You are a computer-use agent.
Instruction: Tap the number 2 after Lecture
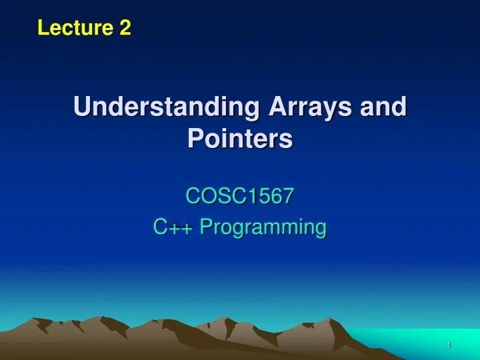[125, 27]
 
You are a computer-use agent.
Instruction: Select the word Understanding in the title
[167, 107]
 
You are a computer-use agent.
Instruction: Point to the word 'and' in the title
[386, 107]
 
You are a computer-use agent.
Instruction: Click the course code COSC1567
[240, 196]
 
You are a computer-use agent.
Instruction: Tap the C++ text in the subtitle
[174, 227]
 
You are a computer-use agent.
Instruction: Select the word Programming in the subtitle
[263, 228]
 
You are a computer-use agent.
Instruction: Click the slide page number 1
[449, 345]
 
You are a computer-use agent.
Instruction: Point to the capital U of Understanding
[82, 107]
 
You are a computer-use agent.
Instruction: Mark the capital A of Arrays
[275, 107]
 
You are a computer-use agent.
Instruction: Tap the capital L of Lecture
[43, 27]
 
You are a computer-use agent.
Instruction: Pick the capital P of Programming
[205, 227]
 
